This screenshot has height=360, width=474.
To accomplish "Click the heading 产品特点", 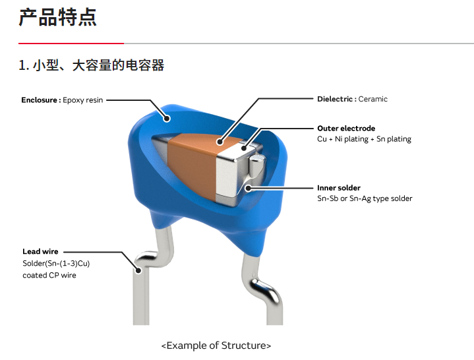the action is coord(57,17).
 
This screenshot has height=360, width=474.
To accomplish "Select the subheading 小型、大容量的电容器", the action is coord(98,65).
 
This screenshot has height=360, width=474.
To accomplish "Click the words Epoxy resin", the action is coord(83,100).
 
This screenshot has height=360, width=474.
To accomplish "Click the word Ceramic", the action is coord(372,99).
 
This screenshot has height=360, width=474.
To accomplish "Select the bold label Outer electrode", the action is coord(346,129).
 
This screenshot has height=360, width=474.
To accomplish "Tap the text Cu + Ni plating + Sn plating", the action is coord(365,139).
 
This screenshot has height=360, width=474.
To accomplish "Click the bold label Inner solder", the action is coord(339,188).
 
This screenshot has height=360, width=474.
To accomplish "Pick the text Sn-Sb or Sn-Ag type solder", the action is coord(365,198).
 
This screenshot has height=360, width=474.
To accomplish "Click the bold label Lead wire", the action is coord(40,251).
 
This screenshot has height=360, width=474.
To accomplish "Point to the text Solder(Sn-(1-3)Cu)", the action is coord(56,264).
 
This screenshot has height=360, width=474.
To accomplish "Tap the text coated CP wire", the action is coord(49,276).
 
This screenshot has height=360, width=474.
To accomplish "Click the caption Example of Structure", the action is coord(216,345).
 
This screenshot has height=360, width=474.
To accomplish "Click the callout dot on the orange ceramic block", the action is coord(220,142).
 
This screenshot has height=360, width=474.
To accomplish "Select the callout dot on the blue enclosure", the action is coord(167,119).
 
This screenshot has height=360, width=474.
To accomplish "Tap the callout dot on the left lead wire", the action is coord(138,270).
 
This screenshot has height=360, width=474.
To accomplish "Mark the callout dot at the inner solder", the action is coord(248,189).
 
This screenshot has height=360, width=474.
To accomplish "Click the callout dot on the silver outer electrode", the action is coord(244,148).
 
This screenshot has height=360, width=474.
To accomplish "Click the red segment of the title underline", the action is coord(71,44).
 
